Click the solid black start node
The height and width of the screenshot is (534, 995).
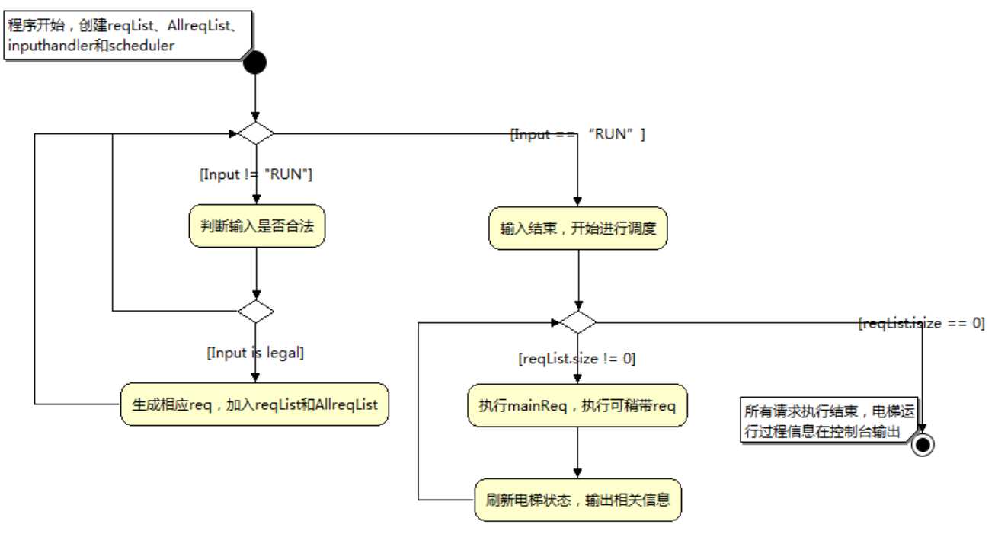(x=254, y=62)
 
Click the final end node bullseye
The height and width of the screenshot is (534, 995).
(x=923, y=445)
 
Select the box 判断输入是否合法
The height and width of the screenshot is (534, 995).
(x=257, y=227)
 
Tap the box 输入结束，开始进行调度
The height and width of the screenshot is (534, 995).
(x=577, y=229)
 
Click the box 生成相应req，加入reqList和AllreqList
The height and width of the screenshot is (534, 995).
(x=254, y=404)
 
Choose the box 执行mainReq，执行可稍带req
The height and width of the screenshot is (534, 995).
(x=577, y=406)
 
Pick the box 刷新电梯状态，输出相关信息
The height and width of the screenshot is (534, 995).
(x=577, y=500)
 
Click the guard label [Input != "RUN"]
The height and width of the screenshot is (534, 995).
(x=256, y=174)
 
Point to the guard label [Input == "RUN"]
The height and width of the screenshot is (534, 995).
(x=577, y=135)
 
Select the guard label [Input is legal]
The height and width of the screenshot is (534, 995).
(x=256, y=353)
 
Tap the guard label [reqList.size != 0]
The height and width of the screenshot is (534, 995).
(x=577, y=358)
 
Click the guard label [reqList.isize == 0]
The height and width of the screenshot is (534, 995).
(x=921, y=323)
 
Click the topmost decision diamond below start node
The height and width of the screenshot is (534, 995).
(x=255, y=133)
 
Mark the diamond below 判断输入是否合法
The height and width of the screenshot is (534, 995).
(x=255, y=311)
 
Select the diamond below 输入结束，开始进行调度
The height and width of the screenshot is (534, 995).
(x=578, y=322)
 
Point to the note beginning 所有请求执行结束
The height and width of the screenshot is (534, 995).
(x=827, y=421)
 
